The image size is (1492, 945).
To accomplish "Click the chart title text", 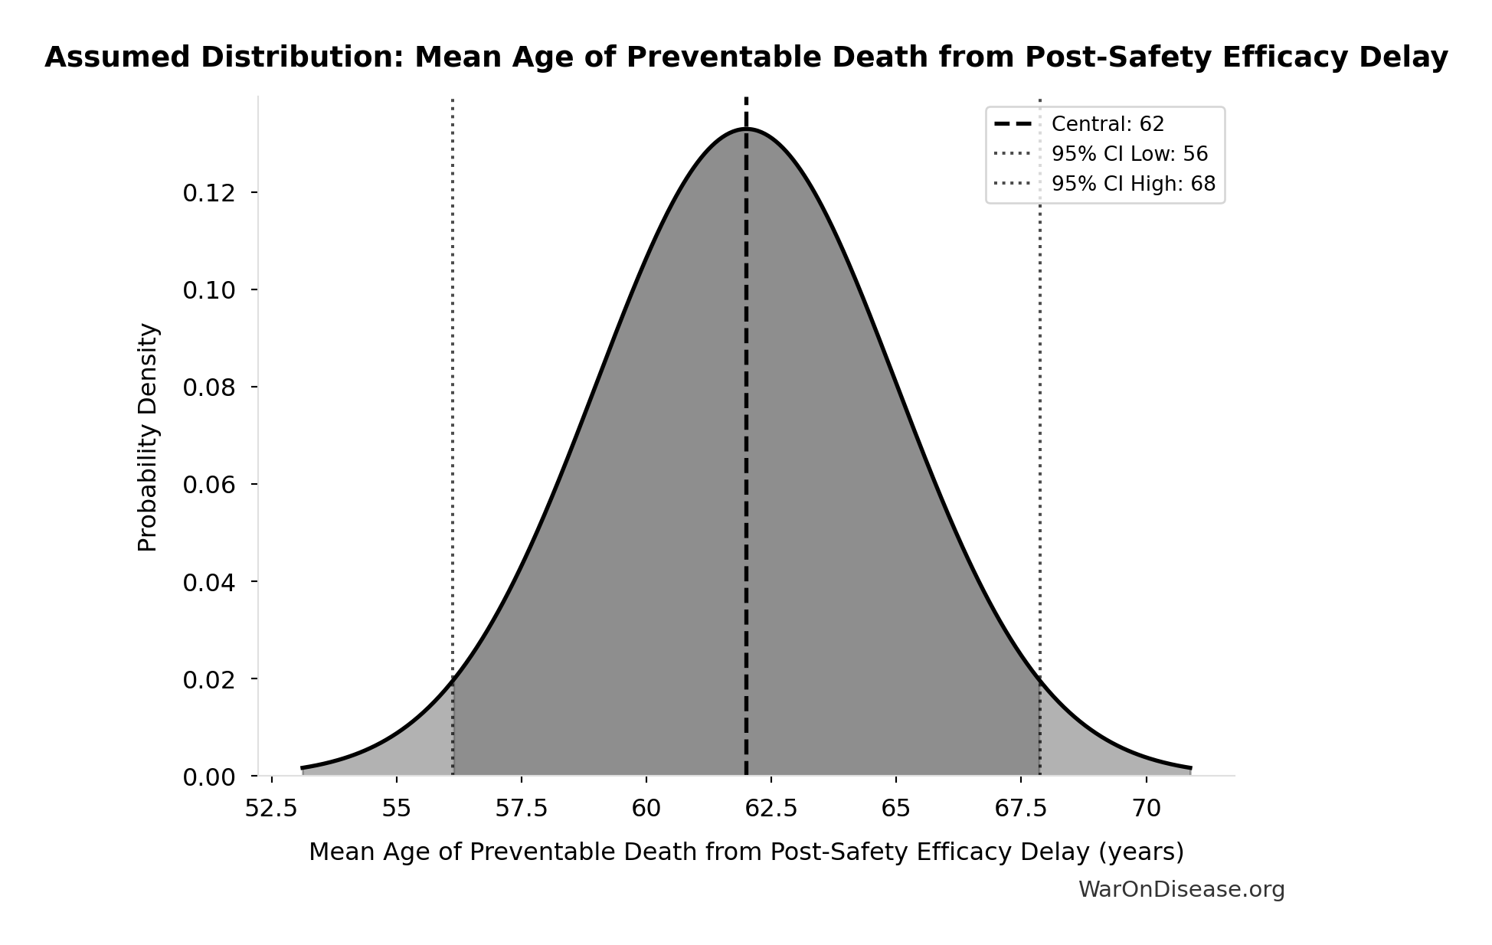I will [746, 57].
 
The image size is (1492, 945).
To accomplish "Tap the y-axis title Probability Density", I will [148, 437].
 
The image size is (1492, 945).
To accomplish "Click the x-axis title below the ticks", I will [746, 852].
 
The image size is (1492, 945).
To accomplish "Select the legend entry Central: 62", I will [1108, 124].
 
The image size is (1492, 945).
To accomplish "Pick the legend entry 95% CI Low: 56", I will [1129, 154].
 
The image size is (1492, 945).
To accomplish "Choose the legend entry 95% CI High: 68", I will [1133, 184].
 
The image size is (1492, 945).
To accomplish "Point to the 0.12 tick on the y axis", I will [209, 193].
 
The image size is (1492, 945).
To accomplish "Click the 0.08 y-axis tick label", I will [209, 387].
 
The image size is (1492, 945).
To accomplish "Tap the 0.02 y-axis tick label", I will [209, 679].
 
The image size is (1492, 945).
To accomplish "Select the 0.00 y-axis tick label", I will [209, 777].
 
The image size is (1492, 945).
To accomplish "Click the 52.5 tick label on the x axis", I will [271, 809].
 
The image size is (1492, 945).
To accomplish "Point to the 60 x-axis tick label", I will [646, 809].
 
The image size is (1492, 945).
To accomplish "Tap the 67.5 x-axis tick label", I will [1021, 809].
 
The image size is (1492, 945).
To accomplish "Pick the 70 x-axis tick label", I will [1146, 809].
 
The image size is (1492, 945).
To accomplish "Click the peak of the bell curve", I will [746, 129].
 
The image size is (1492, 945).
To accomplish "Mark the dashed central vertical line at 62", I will [746, 459].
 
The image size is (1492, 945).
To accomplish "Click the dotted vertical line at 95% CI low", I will [453, 383].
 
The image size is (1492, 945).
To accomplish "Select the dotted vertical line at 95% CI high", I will [1039, 383].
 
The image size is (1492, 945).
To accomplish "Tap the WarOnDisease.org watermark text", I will [1181, 889].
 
